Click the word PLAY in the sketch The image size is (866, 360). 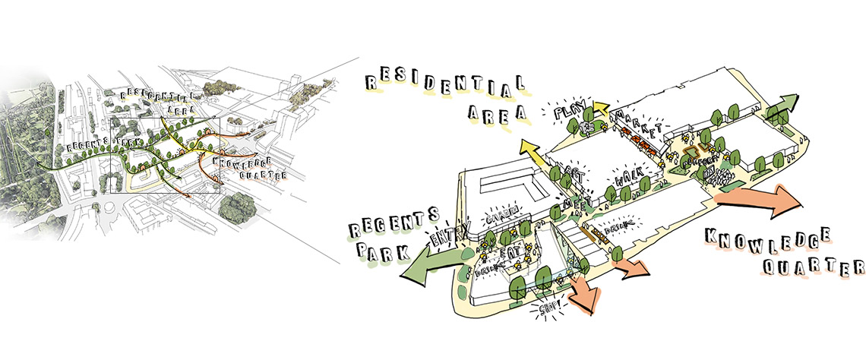click(x=568, y=113)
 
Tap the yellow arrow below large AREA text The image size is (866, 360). click(x=532, y=153)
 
